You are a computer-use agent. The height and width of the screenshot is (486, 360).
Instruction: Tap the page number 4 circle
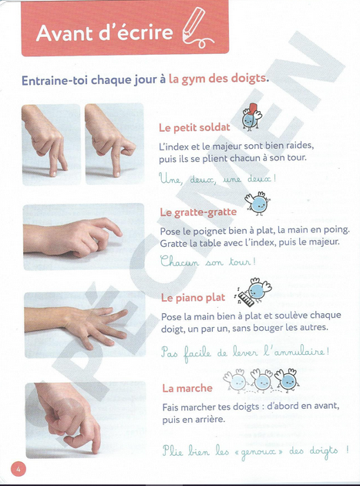18,468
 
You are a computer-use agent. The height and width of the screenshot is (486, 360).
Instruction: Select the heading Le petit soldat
193,127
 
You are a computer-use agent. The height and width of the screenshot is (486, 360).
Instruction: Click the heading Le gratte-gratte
198,212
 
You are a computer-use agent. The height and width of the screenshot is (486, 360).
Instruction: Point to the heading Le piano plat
193,298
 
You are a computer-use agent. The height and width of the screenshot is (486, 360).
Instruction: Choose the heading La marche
187,388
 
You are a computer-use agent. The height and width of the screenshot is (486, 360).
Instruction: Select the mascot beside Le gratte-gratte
255,202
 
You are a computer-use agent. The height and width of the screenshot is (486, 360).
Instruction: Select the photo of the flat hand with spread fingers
84,325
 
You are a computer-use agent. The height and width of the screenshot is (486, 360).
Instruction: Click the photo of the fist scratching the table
84,237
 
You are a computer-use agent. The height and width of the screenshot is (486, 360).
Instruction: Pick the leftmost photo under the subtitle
52,145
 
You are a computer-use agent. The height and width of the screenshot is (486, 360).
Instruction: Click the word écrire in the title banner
143,34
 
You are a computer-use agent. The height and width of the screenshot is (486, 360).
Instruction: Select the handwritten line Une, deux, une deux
217,178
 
